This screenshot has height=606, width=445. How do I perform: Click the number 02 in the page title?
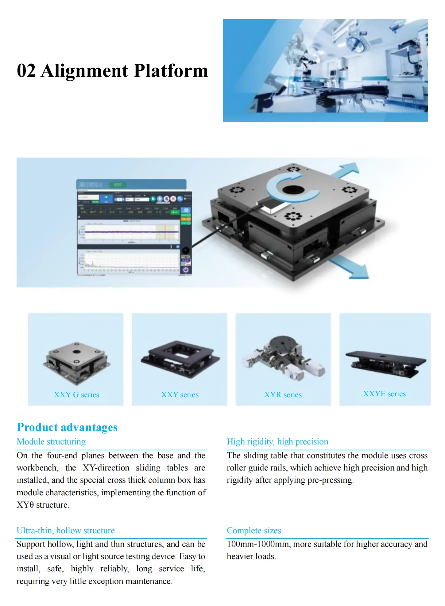tap(26, 71)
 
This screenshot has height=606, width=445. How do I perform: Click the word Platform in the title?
tap(171, 71)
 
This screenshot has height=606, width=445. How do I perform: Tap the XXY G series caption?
tap(76, 395)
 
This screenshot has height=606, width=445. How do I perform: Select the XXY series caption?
tap(180, 395)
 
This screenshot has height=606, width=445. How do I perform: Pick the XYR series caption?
tap(283, 395)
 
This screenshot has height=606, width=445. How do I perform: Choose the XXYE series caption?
tap(384, 394)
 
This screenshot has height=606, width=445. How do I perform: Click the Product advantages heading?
tap(67, 427)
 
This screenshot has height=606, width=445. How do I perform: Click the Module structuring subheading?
tap(51, 442)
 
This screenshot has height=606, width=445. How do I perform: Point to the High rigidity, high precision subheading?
tap(277, 442)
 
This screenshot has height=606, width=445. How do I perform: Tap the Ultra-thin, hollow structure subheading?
tap(66, 531)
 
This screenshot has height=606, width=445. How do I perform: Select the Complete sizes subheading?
tap(254, 531)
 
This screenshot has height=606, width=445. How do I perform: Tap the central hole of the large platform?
tap(293, 189)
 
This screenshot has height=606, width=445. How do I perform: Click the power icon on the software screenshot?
tap(186, 270)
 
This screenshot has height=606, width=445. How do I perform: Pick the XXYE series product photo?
tap(385, 364)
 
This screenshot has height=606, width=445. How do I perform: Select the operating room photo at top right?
tap(325, 71)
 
